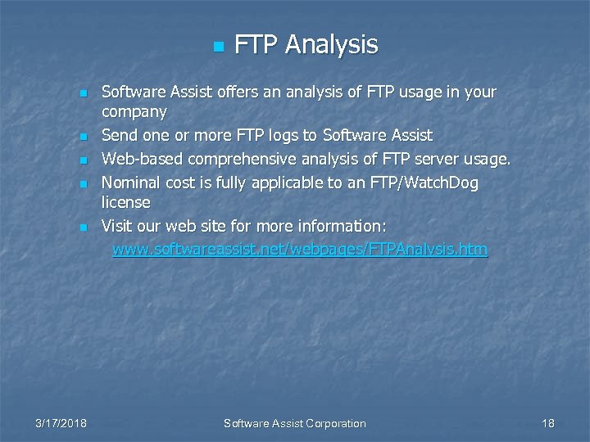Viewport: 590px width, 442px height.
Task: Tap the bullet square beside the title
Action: coord(217,46)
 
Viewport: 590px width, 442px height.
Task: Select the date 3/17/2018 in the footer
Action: coord(62,423)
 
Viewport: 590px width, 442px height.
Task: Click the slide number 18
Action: coord(548,423)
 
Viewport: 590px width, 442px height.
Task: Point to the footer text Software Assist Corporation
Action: coord(295,423)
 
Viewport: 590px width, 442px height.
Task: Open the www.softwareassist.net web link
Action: coord(300,249)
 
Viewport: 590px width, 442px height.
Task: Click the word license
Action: coord(126,201)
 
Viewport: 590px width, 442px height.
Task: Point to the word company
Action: coord(134,111)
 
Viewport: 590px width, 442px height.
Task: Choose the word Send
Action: coord(119,134)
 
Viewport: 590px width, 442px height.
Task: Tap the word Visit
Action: coord(117,225)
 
